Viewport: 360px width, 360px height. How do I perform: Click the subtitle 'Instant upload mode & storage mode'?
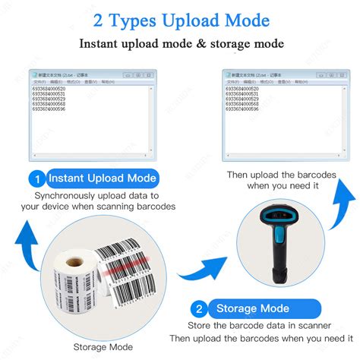tap(180, 44)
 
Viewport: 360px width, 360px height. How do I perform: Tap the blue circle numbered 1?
tap(36, 180)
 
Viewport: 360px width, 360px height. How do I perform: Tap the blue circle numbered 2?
tap(199, 309)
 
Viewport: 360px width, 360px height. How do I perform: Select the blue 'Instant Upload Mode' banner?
tap(102, 179)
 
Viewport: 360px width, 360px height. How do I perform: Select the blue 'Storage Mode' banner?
tap(251, 309)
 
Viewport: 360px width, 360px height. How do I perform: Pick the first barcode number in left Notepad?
tap(49, 89)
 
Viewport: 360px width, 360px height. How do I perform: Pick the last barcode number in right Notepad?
tap(242, 108)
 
